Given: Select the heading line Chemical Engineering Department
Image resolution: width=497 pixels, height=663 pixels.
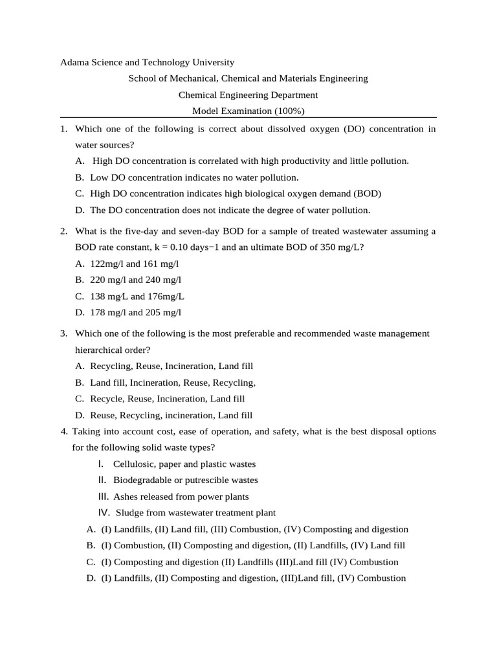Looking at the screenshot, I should [x=248, y=95].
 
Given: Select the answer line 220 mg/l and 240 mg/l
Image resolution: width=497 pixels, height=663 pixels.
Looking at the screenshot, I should [x=136, y=280].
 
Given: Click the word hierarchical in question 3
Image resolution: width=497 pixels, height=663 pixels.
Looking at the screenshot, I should [x=96, y=350].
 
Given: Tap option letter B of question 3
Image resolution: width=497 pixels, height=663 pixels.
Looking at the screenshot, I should [x=80, y=383].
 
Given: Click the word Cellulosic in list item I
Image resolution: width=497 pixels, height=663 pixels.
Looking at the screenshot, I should [x=133, y=464].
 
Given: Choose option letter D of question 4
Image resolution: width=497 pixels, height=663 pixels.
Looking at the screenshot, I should [x=91, y=578].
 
